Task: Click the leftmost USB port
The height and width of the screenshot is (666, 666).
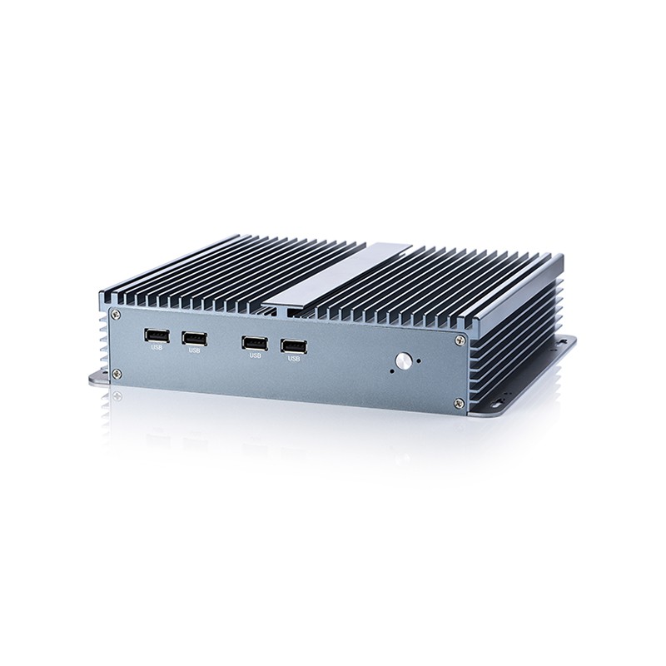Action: pos(157,335)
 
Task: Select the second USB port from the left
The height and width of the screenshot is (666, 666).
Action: pos(195,339)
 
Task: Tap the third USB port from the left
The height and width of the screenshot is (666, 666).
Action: pos(255,343)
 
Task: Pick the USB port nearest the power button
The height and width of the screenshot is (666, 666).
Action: pos(294,346)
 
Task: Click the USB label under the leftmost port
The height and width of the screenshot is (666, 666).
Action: pos(157,347)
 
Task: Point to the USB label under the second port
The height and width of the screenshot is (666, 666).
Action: pos(195,350)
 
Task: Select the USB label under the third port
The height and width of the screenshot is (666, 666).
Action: pos(256,355)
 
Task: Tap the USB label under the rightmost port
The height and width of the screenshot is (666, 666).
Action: pos(294,359)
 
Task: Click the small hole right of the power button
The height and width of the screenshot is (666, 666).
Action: pos(420,361)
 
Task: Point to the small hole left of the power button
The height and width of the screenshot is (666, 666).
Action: pos(391,370)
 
